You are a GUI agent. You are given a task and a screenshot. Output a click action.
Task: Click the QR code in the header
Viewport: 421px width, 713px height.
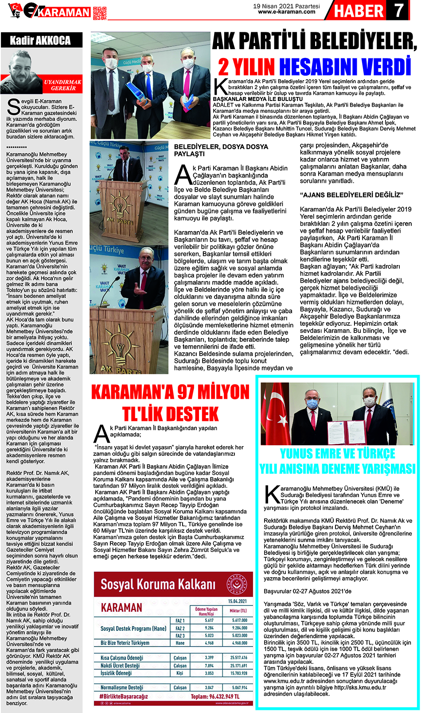(x=100, y=13)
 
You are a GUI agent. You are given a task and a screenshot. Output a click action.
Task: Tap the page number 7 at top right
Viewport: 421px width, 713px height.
(x=398, y=10)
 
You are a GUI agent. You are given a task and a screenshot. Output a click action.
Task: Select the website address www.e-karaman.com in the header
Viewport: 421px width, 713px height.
(x=286, y=12)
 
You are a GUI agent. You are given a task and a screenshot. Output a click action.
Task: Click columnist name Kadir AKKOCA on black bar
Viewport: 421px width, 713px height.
(x=40, y=41)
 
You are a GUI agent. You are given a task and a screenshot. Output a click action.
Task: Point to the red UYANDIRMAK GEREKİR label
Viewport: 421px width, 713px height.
(x=63, y=85)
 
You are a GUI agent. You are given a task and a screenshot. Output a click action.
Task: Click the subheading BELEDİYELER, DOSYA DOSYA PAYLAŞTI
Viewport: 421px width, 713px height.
(x=221, y=150)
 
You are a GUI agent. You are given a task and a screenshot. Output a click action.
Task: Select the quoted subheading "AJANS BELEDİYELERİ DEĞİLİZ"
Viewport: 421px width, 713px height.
(x=351, y=195)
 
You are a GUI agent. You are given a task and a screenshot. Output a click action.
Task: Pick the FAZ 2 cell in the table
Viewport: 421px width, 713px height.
(x=180, y=628)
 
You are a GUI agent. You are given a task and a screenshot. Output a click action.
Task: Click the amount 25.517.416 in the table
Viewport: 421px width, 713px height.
(x=238, y=658)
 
